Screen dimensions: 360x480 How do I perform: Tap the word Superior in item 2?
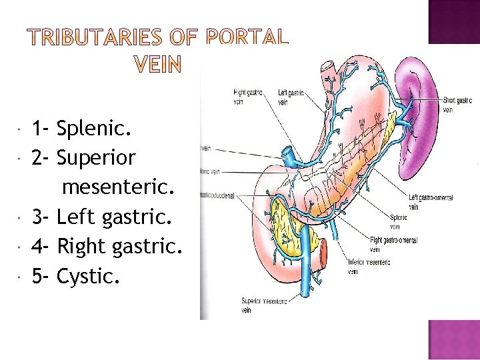pos(96,158)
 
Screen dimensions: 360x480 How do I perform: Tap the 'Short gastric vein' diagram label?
pos(457,105)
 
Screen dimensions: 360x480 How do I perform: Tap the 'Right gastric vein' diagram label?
pos(247,97)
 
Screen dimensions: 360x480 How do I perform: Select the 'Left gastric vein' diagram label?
pos(291,97)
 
